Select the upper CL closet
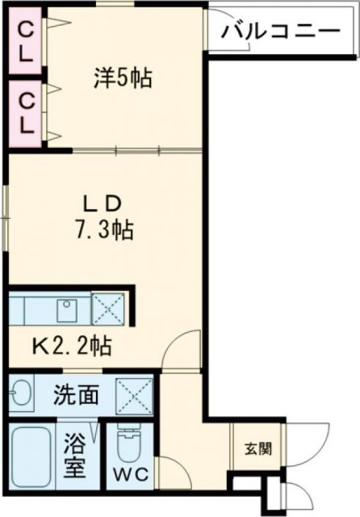click(x=27, y=41)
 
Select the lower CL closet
click(x=27, y=113)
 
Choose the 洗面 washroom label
click(x=77, y=396)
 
